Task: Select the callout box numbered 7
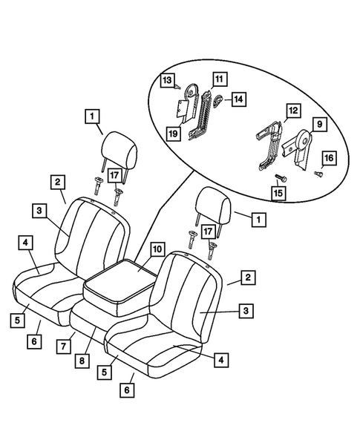click(x=64, y=346)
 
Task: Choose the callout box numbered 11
click(x=218, y=78)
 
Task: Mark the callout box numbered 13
click(x=167, y=79)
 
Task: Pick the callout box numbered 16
click(x=328, y=159)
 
